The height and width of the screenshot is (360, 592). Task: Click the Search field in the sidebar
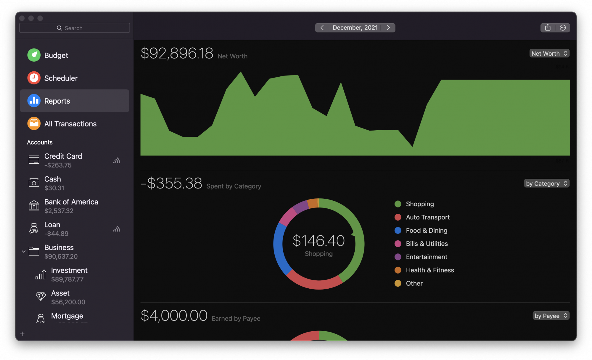[74, 28]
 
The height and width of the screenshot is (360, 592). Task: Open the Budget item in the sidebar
[56, 55]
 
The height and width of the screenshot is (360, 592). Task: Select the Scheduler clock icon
[34, 78]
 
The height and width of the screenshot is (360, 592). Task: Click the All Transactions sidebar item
[70, 124]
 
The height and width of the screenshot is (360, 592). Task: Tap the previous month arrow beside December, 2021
[322, 28]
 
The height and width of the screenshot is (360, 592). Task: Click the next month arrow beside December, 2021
[388, 28]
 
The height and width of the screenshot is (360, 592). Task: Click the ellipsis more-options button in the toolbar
[563, 28]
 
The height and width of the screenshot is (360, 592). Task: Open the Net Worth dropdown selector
[549, 53]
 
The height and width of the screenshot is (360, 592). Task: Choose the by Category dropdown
[546, 184]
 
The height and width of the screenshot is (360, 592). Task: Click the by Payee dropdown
[551, 316]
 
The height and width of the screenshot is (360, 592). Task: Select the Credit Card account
[63, 160]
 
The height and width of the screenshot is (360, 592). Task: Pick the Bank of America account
[71, 206]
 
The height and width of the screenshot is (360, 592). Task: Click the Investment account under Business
[69, 274]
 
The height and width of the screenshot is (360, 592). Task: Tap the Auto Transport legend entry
[427, 217]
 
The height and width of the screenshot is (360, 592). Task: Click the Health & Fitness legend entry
[429, 270]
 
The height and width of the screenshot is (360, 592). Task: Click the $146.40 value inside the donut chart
[318, 240]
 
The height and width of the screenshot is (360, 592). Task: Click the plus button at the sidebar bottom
[22, 334]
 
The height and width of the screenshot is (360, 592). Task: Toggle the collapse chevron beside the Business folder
[24, 252]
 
